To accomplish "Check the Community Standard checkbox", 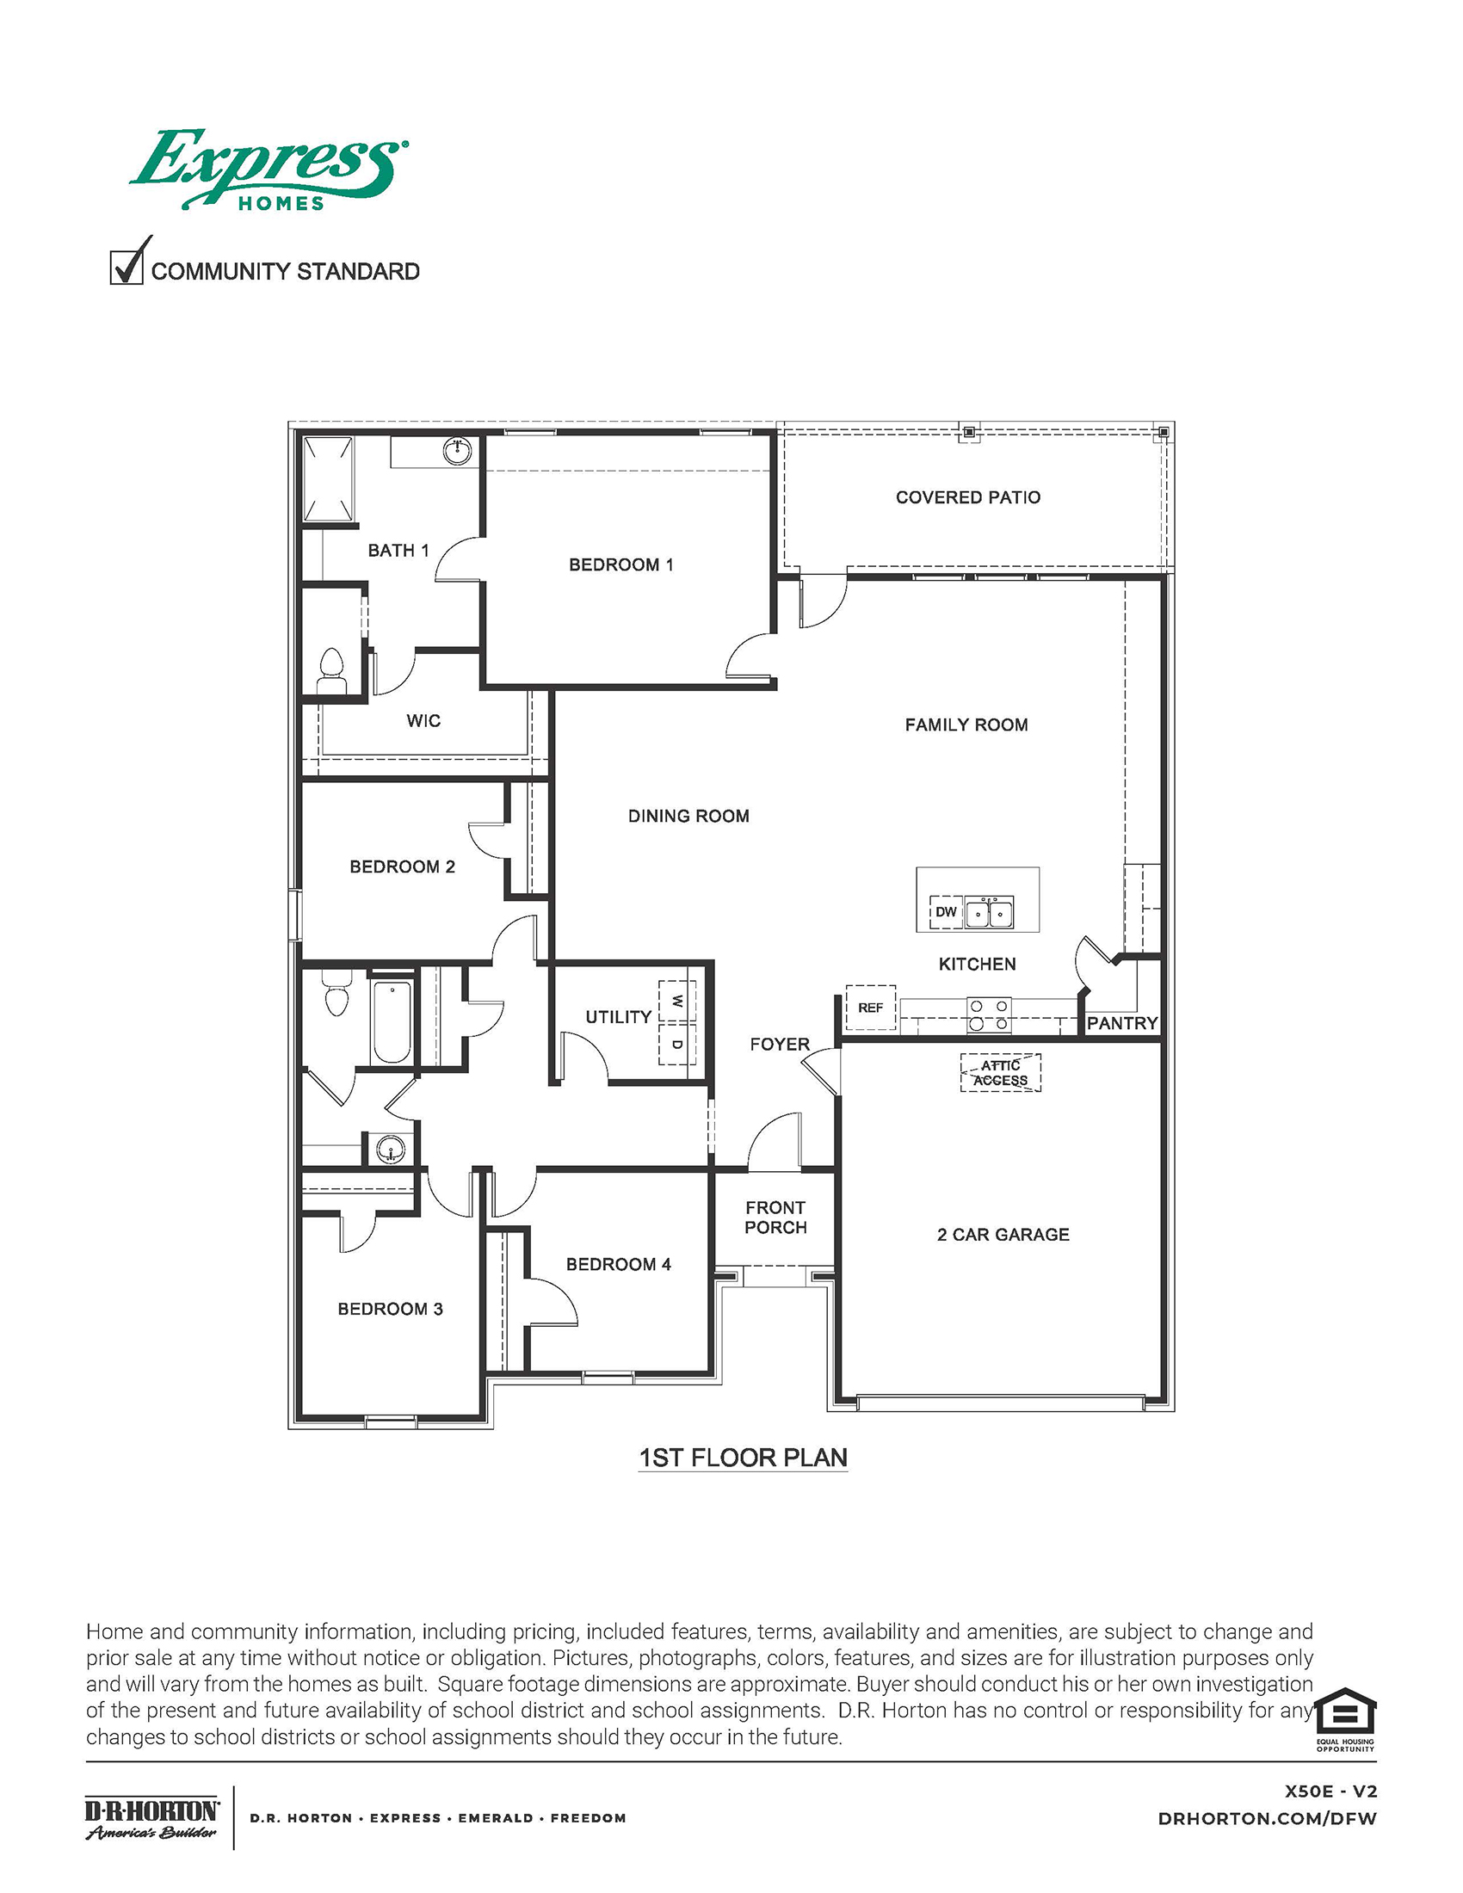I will [126, 267].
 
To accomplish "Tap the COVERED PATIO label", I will [967, 497].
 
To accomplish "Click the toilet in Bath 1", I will [331, 671].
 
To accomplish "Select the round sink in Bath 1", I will [457, 450].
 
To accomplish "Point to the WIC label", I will [423, 720].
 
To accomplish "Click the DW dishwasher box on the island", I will [946, 912].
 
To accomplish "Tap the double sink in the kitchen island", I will [990, 913].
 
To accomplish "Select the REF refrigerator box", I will [870, 1008].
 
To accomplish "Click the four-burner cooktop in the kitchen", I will [989, 1015].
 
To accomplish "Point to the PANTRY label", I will [1121, 1023].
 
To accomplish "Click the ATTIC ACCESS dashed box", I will [1000, 1073].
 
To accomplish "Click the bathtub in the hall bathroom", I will [392, 1020].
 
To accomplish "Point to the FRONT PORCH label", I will [775, 1217].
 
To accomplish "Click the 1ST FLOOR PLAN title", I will [743, 1457].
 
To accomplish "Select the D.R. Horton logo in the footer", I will [151, 1818].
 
